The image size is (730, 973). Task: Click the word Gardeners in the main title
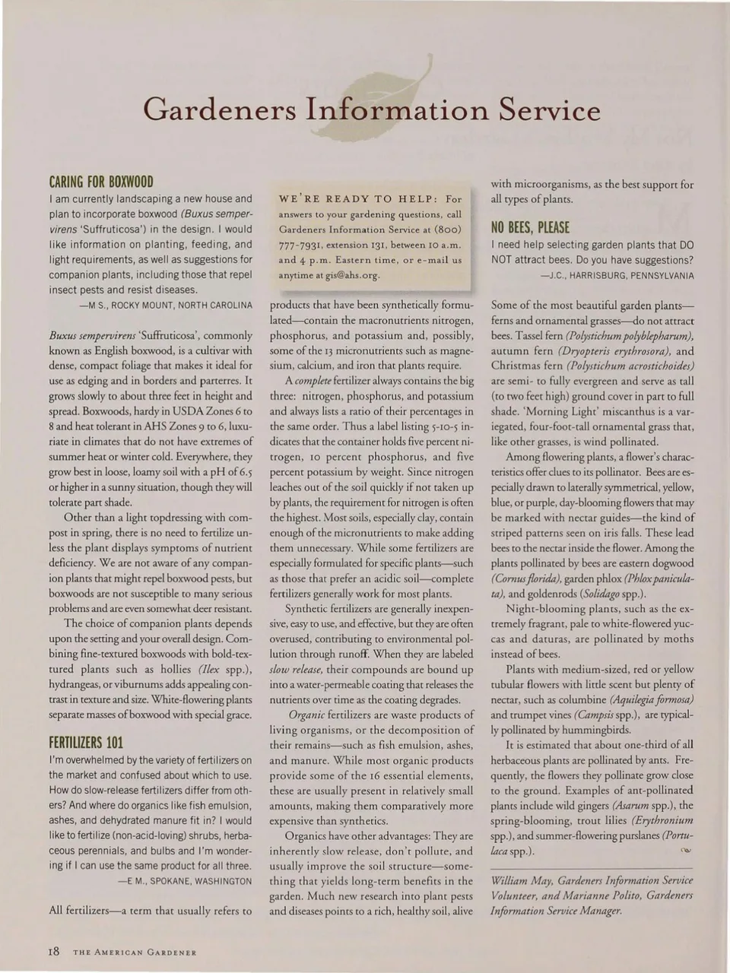(x=220, y=110)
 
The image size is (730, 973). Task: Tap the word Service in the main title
(x=549, y=110)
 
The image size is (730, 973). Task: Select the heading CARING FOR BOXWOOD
(x=101, y=182)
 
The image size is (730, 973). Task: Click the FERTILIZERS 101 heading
(x=86, y=742)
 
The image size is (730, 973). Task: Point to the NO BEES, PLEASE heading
(x=530, y=227)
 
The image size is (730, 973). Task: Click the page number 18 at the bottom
(x=52, y=951)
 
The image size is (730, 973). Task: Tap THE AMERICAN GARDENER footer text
(x=135, y=952)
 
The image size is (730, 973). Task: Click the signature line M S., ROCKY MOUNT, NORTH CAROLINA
(x=166, y=305)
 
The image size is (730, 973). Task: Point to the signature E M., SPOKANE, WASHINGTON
(x=185, y=881)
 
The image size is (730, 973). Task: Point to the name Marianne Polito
(x=579, y=895)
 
